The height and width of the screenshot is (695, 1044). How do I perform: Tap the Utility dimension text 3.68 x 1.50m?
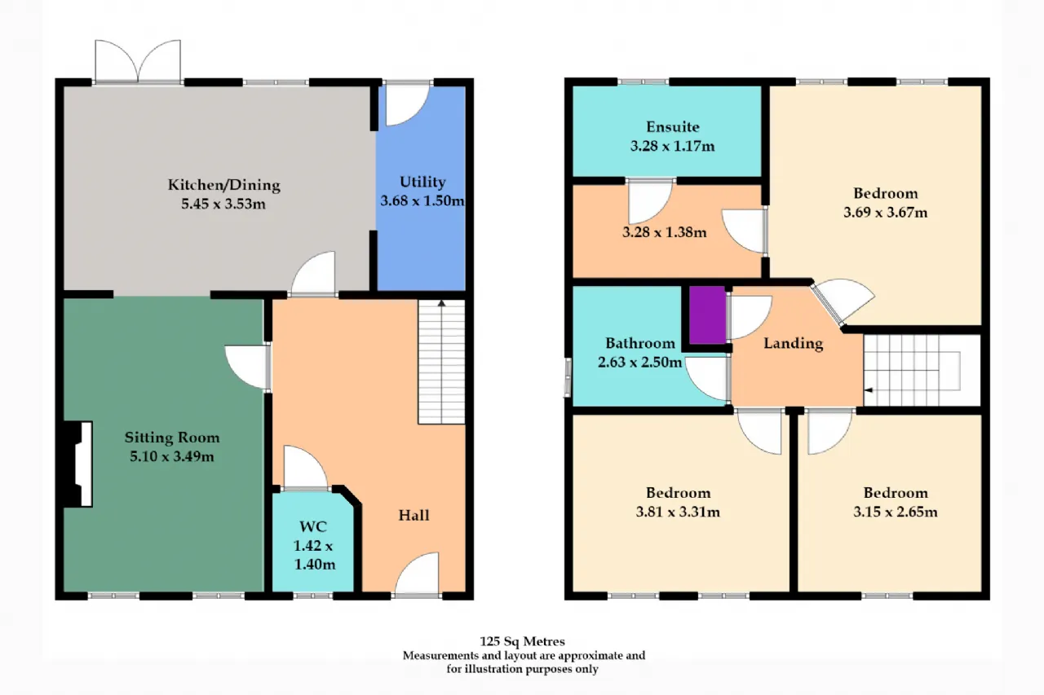(422, 200)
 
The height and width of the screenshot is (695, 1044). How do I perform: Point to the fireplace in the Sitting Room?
(77, 464)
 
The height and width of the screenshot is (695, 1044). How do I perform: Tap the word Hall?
(414, 515)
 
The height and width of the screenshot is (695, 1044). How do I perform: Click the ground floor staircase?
(441, 362)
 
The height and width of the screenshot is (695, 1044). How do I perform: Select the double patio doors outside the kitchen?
(138, 61)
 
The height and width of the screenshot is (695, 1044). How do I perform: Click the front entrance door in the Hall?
(417, 574)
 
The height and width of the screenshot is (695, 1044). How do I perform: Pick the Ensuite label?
(673, 126)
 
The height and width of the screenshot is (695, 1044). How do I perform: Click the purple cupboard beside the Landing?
(707, 315)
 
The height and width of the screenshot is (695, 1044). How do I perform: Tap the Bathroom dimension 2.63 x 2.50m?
(639, 362)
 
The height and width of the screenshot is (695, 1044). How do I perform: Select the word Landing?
(794, 344)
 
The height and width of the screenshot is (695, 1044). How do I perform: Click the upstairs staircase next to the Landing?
(913, 371)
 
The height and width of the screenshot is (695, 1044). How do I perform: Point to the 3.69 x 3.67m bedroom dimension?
(885, 213)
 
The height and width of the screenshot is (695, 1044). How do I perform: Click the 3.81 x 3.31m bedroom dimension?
(678, 512)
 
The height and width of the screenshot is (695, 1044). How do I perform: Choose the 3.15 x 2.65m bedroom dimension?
(896, 512)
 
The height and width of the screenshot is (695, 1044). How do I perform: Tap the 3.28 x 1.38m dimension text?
(664, 232)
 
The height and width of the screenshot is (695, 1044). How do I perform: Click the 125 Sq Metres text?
(522, 641)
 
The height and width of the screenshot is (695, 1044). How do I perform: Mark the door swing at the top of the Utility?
(408, 106)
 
